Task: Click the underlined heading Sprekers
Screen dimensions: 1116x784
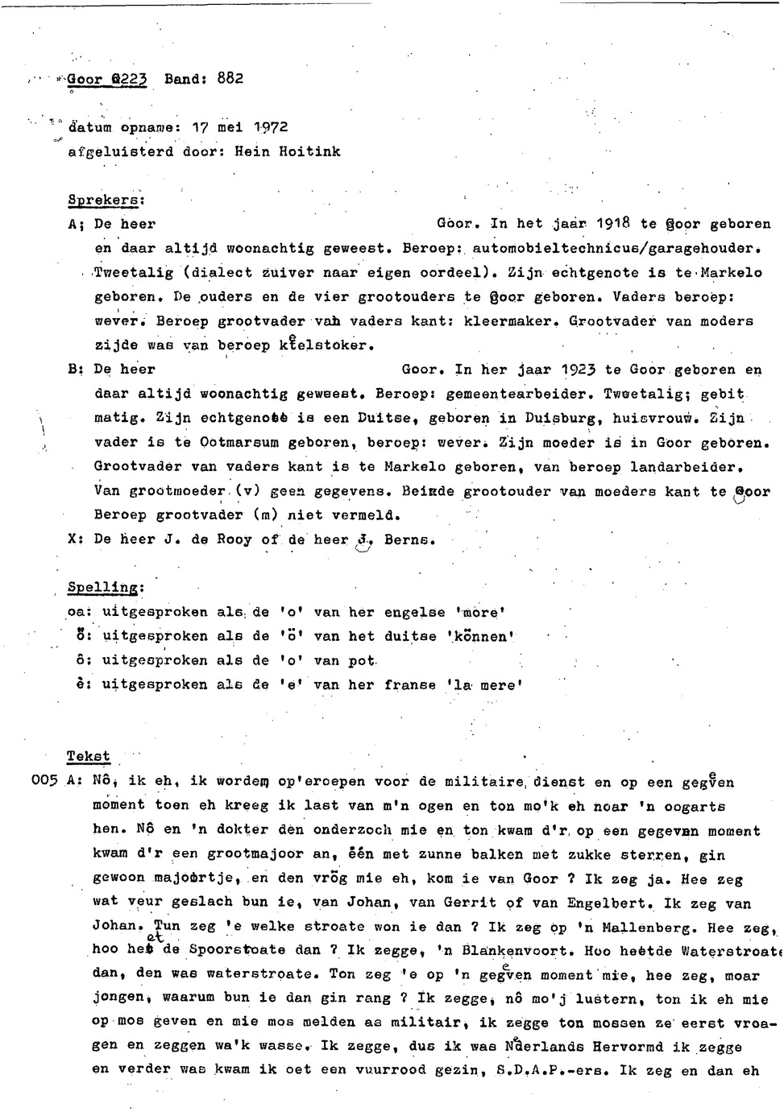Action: click(x=105, y=199)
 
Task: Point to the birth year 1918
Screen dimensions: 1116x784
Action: click(x=613, y=224)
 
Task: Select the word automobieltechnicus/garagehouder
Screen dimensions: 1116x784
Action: click(x=616, y=248)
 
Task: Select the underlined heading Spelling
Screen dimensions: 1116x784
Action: click(x=104, y=588)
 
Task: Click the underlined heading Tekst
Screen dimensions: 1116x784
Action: click(x=88, y=757)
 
